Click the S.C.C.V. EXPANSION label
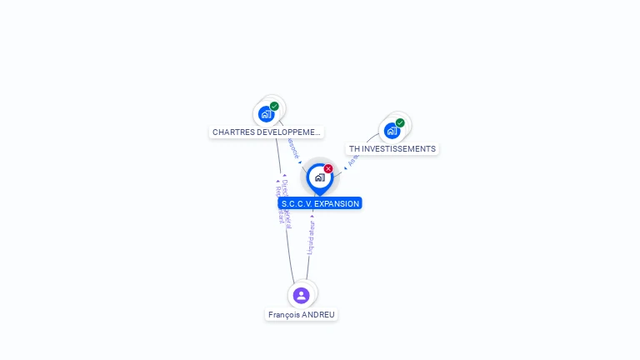(x=320, y=203)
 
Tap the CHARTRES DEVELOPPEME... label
(x=266, y=132)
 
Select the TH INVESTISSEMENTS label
(x=392, y=149)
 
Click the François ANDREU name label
(x=302, y=315)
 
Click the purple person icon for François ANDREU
(x=302, y=295)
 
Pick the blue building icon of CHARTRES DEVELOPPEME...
(x=266, y=114)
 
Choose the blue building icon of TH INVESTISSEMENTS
(x=392, y=131)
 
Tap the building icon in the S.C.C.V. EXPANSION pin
(x=319, y=177)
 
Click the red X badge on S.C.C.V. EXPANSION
(x=328, y=168)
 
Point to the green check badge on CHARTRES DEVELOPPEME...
(x=274, y=106)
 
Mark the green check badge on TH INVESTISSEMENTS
(x=400, y=122)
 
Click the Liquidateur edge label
(x=312, y=237)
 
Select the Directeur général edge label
(x=286, y=197)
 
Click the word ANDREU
(x=319, y=315)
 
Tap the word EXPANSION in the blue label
(x=337, y=203)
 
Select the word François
(x=284, y=315)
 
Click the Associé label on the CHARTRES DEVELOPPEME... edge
(x=292, y=147)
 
